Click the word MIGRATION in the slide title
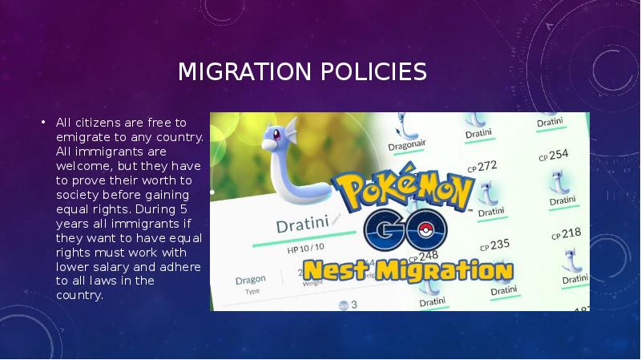click(244, 73)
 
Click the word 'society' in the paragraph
click(78, 194)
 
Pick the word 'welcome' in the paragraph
click(80, 165)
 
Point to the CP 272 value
click(483, 167)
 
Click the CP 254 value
click(554, 153)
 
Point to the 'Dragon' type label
click(250, 281)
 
